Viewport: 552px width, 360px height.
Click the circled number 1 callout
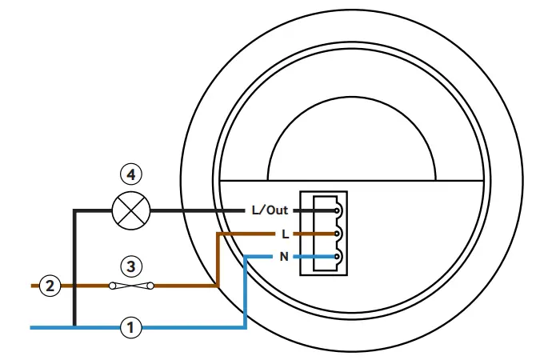pyautogui.click(x=132, y=326)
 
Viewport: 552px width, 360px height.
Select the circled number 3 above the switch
pyautogui.click(x=132, y=265)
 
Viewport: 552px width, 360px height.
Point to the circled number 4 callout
pyautogui.click(x=132, y=174)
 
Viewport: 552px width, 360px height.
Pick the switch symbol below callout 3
pyautogui.click(x=132, y=286)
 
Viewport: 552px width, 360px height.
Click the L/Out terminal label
pyautogui.click(x=269, y=210)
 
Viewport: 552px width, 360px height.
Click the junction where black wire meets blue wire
pyautogui.click(x=74, y=326)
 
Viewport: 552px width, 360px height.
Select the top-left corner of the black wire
pyautogui.click(x=74, y=211)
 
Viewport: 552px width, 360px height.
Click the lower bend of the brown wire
pyautogui.click(x=218, y=286)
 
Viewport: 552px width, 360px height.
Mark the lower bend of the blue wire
pyautogui.click(x=245, y=326)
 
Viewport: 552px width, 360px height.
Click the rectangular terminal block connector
pyautogui.click(x=326, y=234)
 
